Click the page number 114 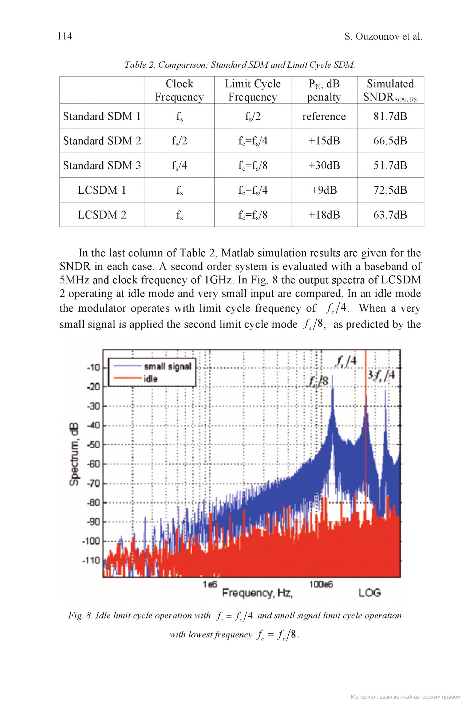coord(65,36)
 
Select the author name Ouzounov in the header coord(377,36)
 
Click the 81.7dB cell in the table coord(390,116)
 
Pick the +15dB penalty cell coord(324,141)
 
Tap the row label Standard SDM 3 coord(102,165)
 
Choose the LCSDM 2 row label coord(102,215)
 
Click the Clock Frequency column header coord(179,90)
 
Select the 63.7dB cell coord(390,215)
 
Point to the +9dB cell coord(324,190)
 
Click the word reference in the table coord(324,116)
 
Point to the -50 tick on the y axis coord(93,444)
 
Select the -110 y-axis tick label coord(91,560)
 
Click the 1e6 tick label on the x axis coord(210,584)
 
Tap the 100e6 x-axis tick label coord(321,584)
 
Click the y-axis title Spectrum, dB coord(74,454)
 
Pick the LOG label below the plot coord(370,593)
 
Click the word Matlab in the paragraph coord(237,253)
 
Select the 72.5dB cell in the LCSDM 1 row coord(390,190)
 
